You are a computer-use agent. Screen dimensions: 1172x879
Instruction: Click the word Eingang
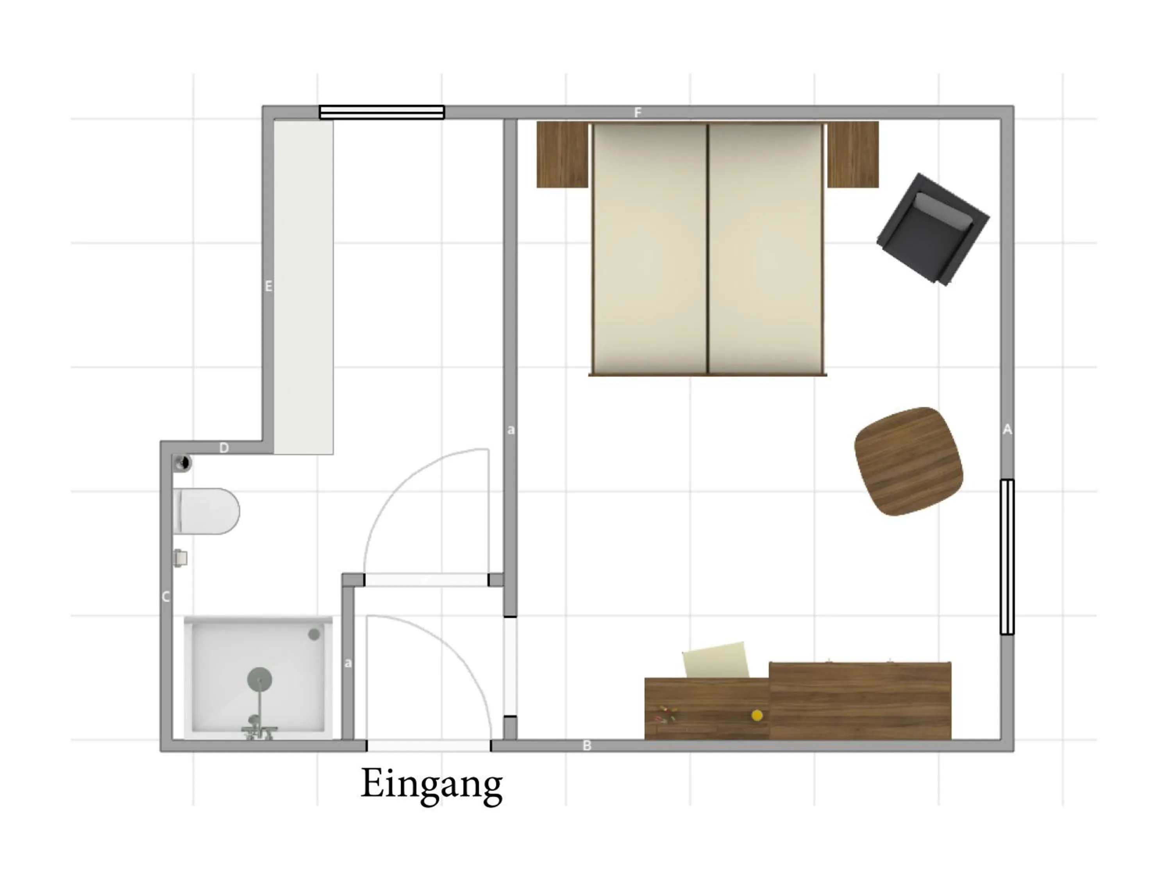coord(431,785)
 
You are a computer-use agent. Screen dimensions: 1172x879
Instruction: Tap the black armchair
coord(933,229)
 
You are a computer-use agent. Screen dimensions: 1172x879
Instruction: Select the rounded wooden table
coord(909,461)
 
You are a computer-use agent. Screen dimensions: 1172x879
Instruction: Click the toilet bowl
coord(207,511)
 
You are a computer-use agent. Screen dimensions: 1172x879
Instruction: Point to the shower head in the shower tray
coord(260,679)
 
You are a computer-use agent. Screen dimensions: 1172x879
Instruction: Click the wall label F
coord(638,113)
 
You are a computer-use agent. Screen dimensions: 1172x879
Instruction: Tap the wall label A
coord(1007,430)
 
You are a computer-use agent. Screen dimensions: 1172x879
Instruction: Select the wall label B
coord(587,745)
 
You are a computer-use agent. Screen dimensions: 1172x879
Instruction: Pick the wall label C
coord(166,597)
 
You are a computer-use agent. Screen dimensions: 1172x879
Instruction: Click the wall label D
coord(224,448)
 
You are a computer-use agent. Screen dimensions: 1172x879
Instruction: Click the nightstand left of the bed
coord(562,154)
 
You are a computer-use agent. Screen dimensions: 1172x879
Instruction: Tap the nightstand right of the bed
coord(853,154)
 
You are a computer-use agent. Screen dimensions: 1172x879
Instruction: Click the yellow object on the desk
coord(757,715)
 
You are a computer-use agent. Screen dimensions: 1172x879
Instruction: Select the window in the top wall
coord(381,113)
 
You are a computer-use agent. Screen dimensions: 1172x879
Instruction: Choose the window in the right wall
coord(1007,557)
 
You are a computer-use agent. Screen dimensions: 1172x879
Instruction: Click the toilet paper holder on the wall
coord(180,558)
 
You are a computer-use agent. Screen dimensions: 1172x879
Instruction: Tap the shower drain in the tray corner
coord(314,634)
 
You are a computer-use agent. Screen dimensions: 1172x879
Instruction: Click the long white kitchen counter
coord(304,287)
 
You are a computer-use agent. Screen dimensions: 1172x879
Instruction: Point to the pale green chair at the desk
coord(716,660)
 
